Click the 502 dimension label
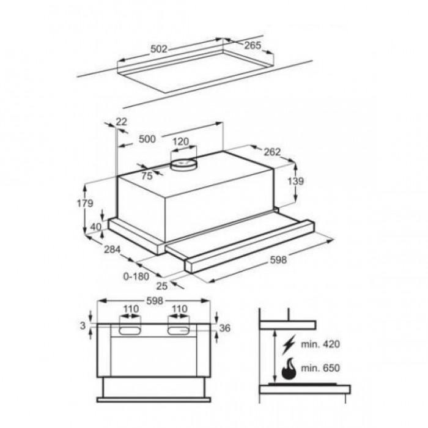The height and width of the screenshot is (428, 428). pos(158,49)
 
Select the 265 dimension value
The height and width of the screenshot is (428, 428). pos(253,45)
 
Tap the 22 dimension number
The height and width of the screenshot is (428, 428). pos(121,122)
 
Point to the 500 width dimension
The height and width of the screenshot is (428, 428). pos(147,139)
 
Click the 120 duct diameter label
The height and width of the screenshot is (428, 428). pos(181,142)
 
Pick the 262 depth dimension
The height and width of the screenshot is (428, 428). pos(272,152)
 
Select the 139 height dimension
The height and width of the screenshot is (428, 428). pos(295,181)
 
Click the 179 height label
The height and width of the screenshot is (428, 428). pos(85,203)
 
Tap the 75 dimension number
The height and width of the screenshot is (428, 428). pos(147,176)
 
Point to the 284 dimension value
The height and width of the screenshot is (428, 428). pos(112,249)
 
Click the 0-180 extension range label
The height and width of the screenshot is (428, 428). pos(136,276)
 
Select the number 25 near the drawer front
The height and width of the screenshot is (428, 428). pos(161,286)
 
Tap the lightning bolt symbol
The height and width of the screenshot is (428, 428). pos(289,344)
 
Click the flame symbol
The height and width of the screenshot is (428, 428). pos(289,369)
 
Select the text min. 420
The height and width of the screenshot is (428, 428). pos(320,344)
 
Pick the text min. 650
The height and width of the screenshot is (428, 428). pos(320,368)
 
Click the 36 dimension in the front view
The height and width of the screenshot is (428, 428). pos(224,328)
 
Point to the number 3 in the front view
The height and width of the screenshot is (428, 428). pos(83,325)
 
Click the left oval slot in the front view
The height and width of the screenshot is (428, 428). pos(130,331)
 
